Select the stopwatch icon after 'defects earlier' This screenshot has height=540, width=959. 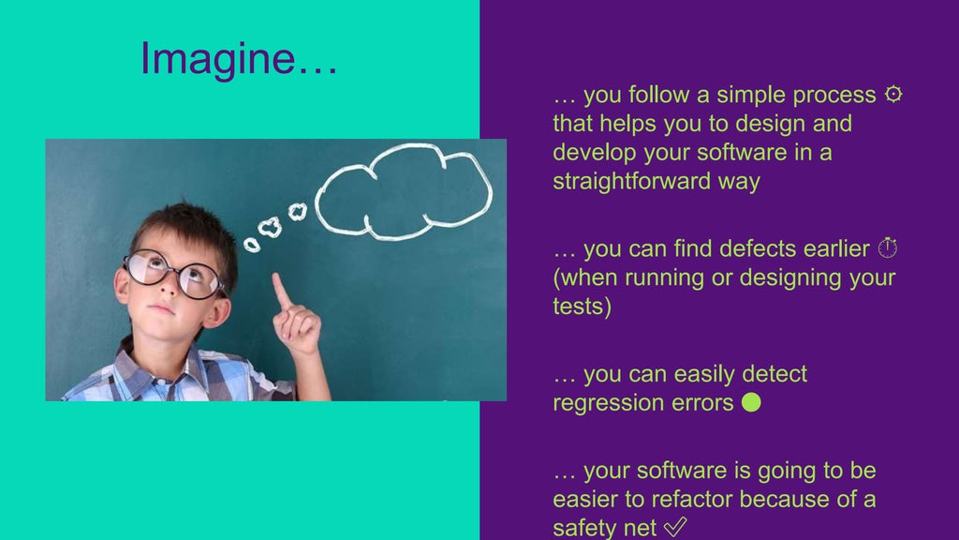coord(888,248)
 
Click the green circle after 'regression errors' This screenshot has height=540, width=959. coord(750,403)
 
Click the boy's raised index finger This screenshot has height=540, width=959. coord(280,290)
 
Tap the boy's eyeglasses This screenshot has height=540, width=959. coord(175,274)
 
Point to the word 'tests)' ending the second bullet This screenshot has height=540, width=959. coord(582,307)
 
